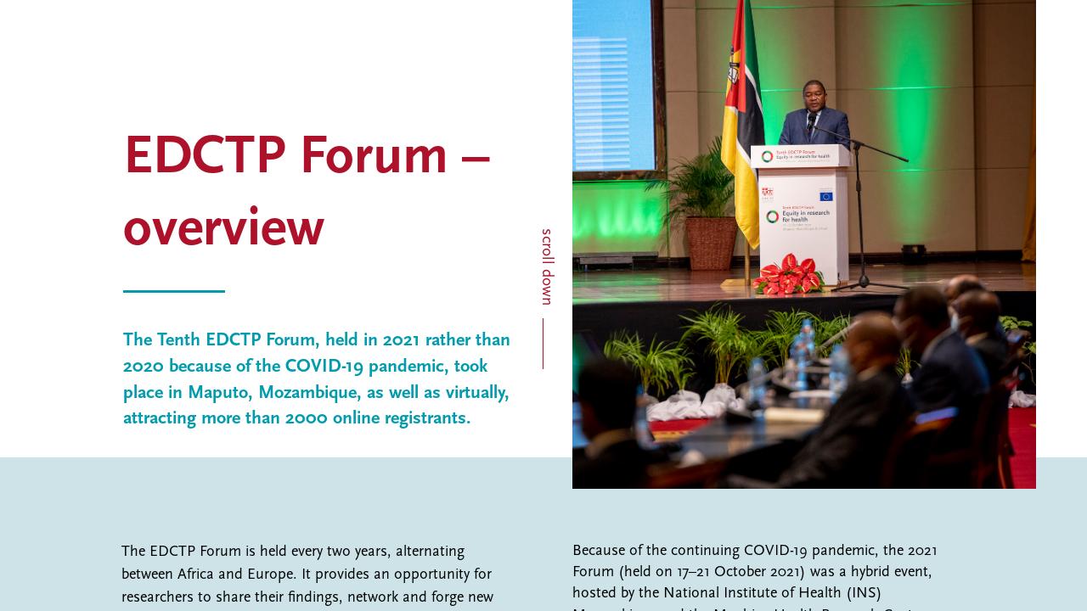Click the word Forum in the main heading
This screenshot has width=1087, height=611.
click(374, 156)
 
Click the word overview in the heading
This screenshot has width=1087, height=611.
click(223, 228)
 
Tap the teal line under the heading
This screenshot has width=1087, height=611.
click(174, 291)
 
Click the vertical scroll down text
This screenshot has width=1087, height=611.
click(547, 266)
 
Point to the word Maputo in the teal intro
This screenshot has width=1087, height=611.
click(217, 392)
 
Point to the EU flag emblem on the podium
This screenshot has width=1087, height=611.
click(825, 196)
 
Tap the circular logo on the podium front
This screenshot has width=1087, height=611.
click(772, 216)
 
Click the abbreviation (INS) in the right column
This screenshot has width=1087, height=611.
click(863, 592)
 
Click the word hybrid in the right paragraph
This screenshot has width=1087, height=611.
click(853, 572)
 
